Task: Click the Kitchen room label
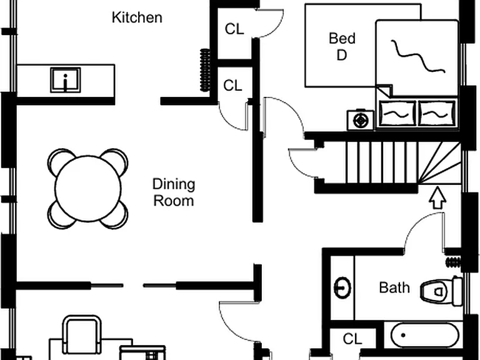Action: (x=137, y=17)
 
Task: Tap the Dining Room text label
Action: (x=174, y=192)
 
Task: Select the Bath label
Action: (x=394, y=287)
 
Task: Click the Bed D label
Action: (x=342, y=46)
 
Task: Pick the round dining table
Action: (x=88, y=189)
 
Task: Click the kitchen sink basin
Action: (x=66, y=80)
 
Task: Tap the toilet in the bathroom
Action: (x=441, y=291)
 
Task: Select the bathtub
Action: (x=425, y=336)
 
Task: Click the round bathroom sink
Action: (x=342, y=287)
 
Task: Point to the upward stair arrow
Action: (x=437, y=197)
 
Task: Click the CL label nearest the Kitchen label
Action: (x=234, y=29)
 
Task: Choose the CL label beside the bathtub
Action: (x=352, y=339)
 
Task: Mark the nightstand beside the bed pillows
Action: (x=360, y=120)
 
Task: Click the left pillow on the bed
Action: (x=397, y=113)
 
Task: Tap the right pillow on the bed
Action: (x=437, y=113)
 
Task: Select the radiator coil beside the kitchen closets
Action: (x=205, y=70)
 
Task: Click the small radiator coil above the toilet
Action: (x=453, y=262)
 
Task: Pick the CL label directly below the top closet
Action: (x=233, y=86)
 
